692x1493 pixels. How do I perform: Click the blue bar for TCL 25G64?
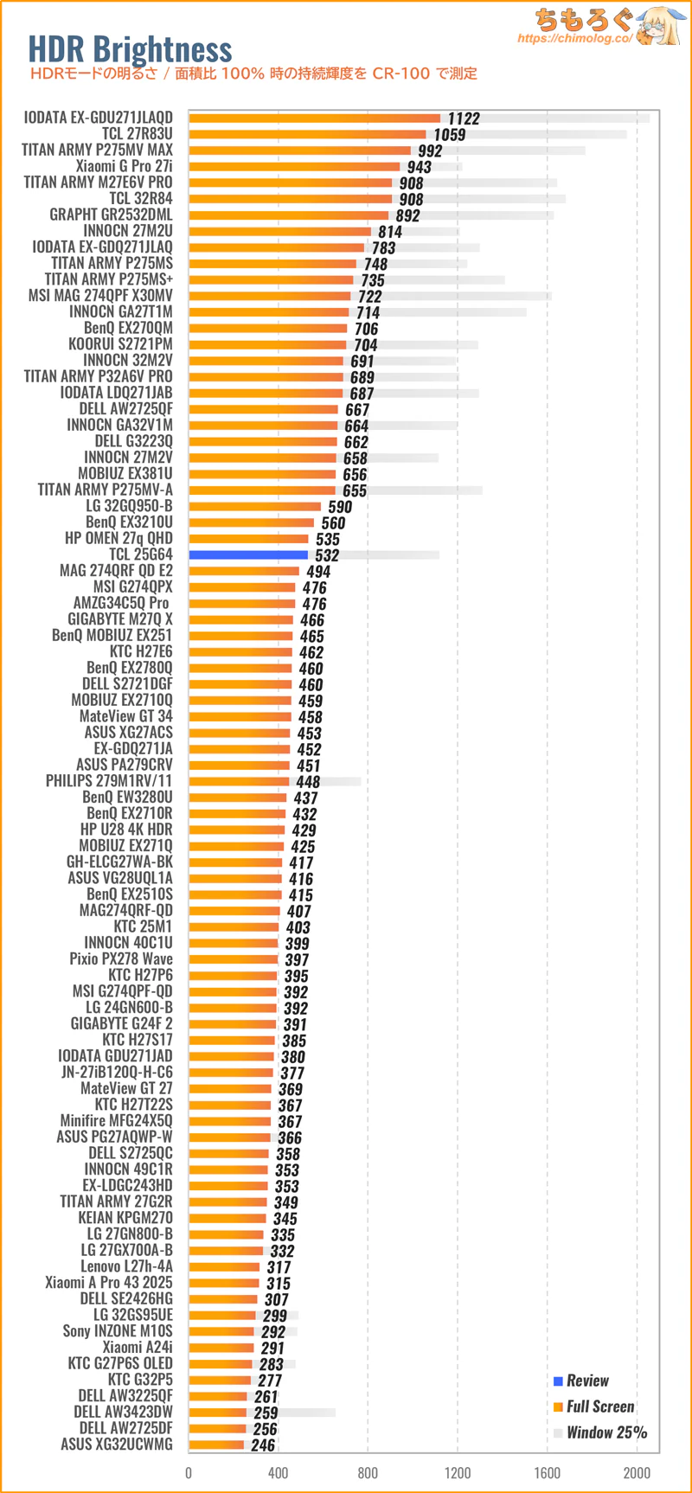point(248,555)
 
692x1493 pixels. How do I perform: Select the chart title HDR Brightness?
point(130,49)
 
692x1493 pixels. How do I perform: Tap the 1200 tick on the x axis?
point(458,1473)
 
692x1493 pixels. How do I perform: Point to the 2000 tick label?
point(637,1473)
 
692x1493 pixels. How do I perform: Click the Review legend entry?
point(587,1381)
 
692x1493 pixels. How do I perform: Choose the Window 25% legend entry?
point(606,1433)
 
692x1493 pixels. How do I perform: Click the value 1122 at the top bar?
point(464,119)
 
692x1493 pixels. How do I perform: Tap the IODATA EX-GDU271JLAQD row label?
point(98,118)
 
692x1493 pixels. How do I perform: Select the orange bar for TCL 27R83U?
point(307,134)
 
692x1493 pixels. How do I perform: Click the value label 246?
point(263,1445)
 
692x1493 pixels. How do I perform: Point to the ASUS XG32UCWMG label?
point(116,1445)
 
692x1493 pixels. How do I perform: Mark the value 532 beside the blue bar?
point(327,555)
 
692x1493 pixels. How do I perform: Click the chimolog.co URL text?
point(574,39)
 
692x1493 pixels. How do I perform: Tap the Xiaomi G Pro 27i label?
point(124,166)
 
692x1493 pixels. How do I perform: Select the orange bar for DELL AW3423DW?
point(218,1413)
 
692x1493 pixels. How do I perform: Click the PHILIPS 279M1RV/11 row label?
point(109,781)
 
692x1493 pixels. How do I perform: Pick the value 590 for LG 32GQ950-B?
point(340,507)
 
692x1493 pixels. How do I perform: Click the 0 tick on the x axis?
point(189,1473)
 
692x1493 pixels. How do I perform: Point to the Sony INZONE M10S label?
point(118,1331)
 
